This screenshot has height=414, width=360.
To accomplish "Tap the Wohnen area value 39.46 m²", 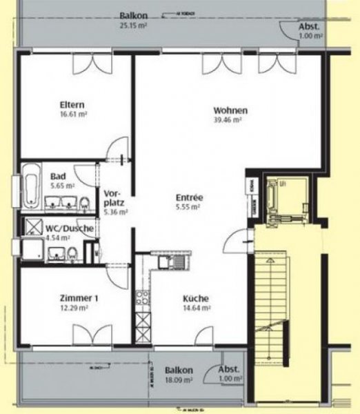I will pos(228,120).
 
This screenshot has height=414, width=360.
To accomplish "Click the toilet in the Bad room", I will pos(84,202).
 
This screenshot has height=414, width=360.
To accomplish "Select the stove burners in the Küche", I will pos(143,298).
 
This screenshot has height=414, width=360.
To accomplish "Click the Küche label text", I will pos(196,299).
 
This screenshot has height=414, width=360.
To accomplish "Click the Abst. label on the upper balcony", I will pos(308,27).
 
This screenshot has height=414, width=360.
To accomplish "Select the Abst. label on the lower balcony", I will pos(230,369).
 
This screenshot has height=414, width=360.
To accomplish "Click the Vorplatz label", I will pos(114,199).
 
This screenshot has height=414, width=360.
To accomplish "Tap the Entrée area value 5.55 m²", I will pos(187,207).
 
